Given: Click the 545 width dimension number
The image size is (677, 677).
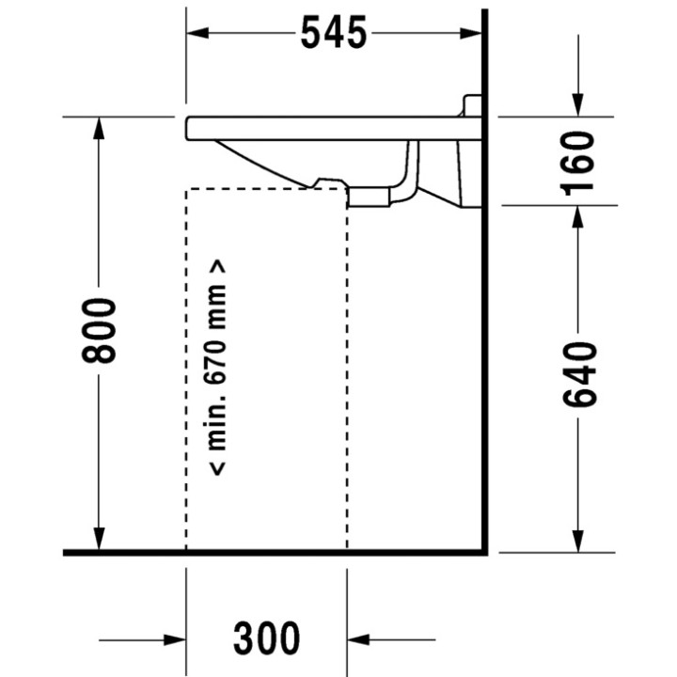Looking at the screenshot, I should [x=334, y=34].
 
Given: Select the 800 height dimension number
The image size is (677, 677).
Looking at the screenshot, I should [x=99, y=331].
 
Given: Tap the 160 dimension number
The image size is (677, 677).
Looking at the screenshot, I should [x=579, y=161].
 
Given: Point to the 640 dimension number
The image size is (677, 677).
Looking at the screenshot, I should [x=579, y=375].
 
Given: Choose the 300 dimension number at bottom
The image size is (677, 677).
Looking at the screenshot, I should [x=267, y=639].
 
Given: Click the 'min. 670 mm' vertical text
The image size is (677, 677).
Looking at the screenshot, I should [x=218, y=367].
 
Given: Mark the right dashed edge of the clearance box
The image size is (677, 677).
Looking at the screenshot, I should [x=347, y=376].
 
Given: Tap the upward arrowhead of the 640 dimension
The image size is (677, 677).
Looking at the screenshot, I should [x=579, y=215].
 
